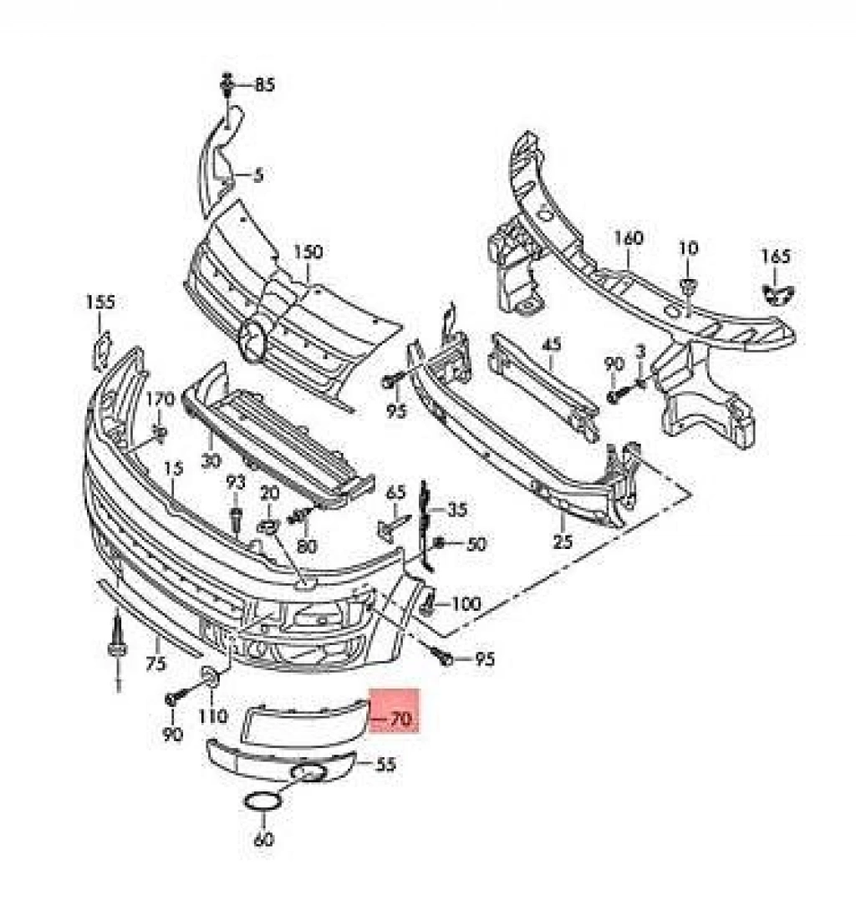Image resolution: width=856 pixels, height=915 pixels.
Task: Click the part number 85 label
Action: click(265, 85)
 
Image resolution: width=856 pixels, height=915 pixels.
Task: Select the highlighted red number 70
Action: click(401, 719)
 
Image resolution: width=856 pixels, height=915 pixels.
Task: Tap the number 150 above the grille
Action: click(308, 252)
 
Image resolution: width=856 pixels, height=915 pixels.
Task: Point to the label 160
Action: click(629, 238)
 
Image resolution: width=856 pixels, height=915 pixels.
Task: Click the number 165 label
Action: click(776, 257)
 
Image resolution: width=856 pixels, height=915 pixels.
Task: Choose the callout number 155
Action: click(100, 302)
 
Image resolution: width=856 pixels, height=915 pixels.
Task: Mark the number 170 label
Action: click(160, 399)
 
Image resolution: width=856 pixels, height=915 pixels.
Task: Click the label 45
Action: click(551, 344)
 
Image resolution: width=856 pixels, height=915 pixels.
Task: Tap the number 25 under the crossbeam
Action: click(563, 541)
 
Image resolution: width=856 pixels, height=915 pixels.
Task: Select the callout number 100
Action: click(466, 604)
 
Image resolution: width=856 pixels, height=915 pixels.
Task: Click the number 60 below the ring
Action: click(263, 839)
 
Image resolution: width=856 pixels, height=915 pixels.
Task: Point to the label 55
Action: click(386, 764)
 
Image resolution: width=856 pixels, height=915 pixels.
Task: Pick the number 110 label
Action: click(212, 715)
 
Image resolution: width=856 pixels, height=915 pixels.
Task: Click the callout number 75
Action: click(155, 663)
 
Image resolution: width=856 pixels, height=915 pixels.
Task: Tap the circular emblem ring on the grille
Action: click(252, 342)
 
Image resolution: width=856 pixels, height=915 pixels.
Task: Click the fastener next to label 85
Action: click(227, 84)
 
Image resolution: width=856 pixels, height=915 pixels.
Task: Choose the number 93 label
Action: click(235, 483)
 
